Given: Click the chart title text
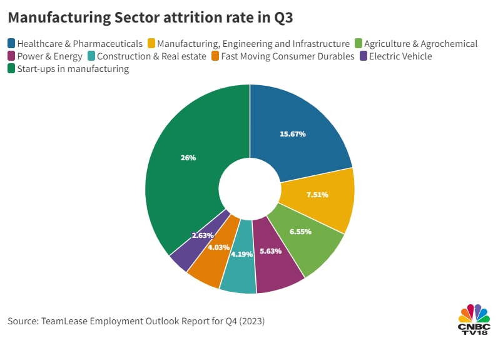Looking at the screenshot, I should click(x=150, y=19).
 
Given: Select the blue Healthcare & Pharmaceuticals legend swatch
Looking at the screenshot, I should click(x=12, y=44).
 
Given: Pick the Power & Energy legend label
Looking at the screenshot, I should click(x=50, y=56).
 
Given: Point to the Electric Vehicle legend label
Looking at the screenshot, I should click(x=400, y=56).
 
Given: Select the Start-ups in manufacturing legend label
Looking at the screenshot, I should click(x=73, y=69).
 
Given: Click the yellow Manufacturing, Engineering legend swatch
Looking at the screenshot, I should click(x=151, y=44).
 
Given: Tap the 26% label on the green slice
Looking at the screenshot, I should click(x=188, y=158).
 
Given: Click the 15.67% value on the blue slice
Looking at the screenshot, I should click(x=292, y=134).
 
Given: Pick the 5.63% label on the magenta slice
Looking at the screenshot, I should click(x=270, y=251).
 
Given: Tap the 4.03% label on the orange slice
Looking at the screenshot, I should click(x=219, y=247).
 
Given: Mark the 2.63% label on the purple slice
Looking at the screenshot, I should click(x=203, y=235).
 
